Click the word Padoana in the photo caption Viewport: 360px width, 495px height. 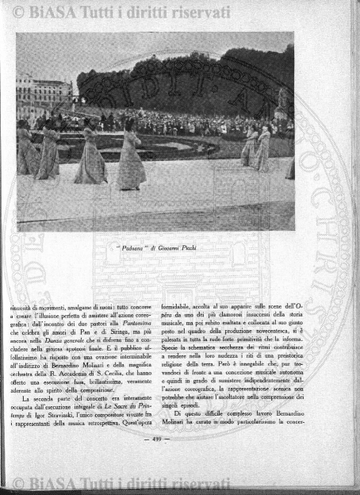click(128, 247)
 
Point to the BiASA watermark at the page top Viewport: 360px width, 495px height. click(119, 12)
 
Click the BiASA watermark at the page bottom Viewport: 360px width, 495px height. click(119, 484)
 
